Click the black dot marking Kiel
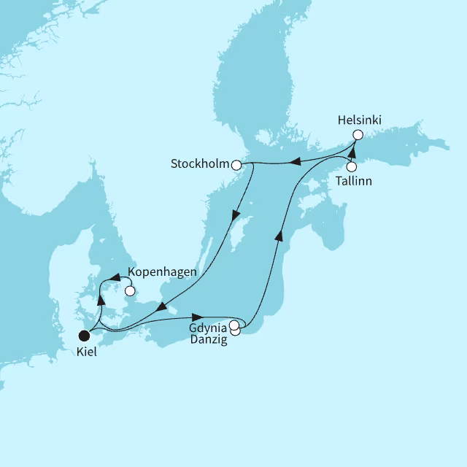coord(84,336)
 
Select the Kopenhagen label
coord(162,272)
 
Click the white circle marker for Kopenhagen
coord(130,291)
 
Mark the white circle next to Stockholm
coord(236,166)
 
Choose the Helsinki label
coord(360,119)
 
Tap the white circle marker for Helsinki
coord(358,134)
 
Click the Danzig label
coord(209,340)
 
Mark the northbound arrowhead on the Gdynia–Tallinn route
coord(278,236)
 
